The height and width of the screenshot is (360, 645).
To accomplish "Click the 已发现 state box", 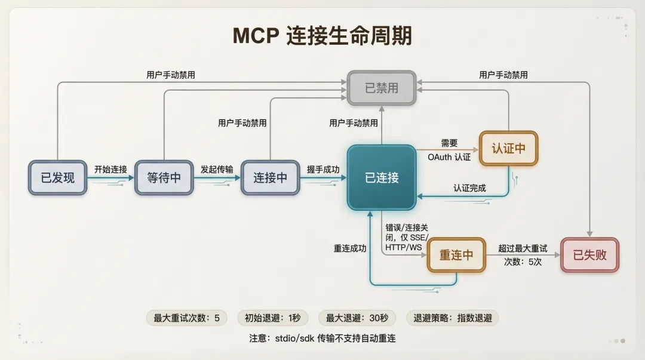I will pyautogui.click(x=58, y=177).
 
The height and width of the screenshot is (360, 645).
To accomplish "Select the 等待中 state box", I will pyautogui.click(x=164, y=177).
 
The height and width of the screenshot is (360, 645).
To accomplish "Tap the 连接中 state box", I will pyautogui.click(x=270, y=177).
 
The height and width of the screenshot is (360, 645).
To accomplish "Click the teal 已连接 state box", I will pyautogui.click(x=382, y=177).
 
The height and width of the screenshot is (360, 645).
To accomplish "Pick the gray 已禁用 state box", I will pyautogui.click(x=382, y=88).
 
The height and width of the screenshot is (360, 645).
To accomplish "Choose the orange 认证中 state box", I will pyautogui.click(x=508, y=148).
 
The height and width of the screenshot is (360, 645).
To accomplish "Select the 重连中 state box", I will pyautogui.click(x=456, y=255).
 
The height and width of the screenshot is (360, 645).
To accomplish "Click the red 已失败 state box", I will pyautogui.click(x=589, y=255).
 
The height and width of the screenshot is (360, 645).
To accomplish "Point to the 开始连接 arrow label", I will pyautogui.click(x=110, y=169).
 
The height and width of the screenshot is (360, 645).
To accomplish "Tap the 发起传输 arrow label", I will pyautogui.click(x=217, y=169).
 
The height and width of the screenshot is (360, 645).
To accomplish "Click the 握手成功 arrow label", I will pyautogui.click(x=323, y=169).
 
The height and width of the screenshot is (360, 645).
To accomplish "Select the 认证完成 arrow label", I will pyautogui.click(x=469, y=188).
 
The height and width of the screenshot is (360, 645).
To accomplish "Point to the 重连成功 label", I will pyautogui.click(x=350, y=248).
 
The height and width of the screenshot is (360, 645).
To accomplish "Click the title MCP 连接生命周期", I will pyautogui.click(x=322, y=36).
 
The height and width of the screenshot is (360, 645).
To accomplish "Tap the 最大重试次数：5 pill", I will pyautogui.click(x=186, y=318).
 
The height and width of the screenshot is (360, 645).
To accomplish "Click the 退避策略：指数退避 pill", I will pyautogui.click(x=453, y=318).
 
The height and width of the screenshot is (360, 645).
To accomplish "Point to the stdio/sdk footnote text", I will pyautogui.click(x=322, y=339).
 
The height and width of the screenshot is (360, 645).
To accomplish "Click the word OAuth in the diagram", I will pyautogui.click(x=440, y=157).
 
